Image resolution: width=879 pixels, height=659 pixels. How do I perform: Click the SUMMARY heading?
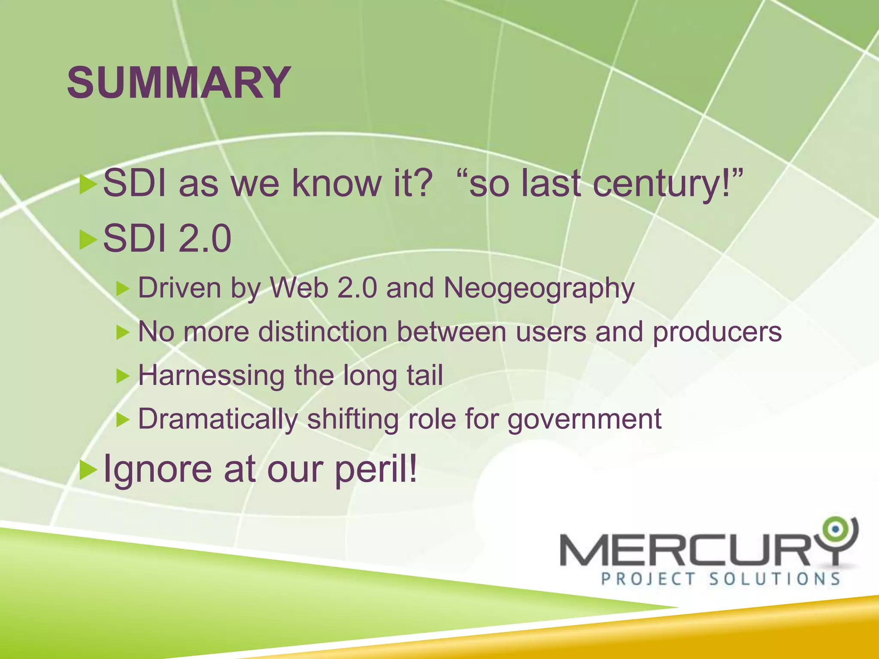pos(179,82)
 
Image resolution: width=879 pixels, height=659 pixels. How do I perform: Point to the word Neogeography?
pos(539,288)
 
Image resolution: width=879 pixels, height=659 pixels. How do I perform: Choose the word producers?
pos(717,333)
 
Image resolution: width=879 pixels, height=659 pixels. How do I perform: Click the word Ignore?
pos(158,469)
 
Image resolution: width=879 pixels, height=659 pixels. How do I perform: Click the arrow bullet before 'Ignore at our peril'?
pos(88,469)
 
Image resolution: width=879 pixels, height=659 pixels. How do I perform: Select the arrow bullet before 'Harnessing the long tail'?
pos(123,376)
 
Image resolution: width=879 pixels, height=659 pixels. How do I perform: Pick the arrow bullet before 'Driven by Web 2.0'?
pos(123,288)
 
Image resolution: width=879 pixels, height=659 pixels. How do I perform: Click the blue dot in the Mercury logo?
pos(835,529)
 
